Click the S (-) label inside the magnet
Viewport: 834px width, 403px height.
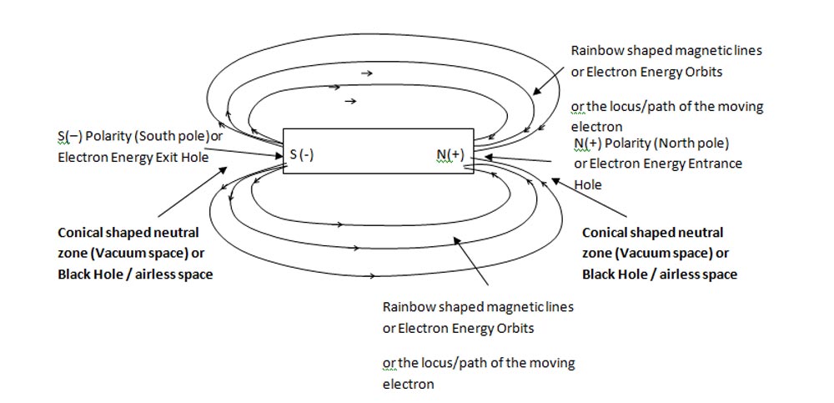[301, 155]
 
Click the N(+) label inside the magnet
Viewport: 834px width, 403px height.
[450, 154]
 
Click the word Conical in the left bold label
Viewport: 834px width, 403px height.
[82, 232]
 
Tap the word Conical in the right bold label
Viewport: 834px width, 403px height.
[606, 232]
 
